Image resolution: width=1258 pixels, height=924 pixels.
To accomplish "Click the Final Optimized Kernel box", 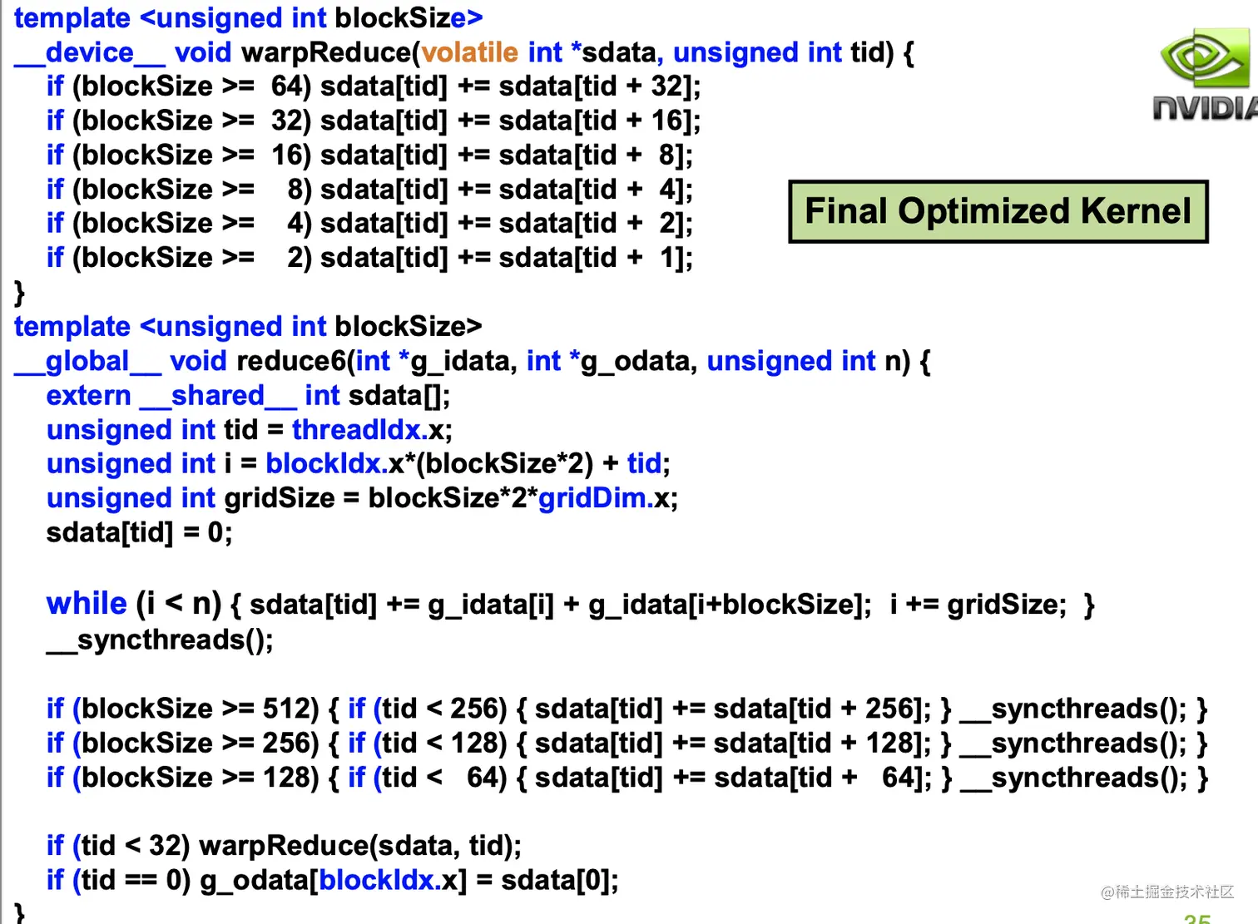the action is (x=998, y=211).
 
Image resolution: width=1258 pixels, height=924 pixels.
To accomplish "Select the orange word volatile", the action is (x=470, y=52).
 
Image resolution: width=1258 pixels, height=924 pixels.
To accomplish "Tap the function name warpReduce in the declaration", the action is (x=326, y=52).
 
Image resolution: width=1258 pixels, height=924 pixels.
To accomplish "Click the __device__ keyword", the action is (x=90, y=52).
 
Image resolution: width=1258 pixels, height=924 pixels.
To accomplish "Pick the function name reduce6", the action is (x=290, y=361).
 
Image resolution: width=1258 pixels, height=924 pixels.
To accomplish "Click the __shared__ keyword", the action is (x=218, y=396).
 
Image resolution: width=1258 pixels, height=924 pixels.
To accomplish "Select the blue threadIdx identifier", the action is (x=359, y=430).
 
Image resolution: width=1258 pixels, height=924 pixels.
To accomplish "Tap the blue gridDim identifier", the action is (x=592, y=498).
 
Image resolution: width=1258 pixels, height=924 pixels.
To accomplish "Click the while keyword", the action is (x=87, y=603).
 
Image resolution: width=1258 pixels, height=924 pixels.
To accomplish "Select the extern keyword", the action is (x=89, y=396).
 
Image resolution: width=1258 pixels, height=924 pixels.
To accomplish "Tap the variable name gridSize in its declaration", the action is (x=280, y=498).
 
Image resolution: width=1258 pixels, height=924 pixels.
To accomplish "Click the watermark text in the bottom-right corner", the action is (x=1166, y=892).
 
